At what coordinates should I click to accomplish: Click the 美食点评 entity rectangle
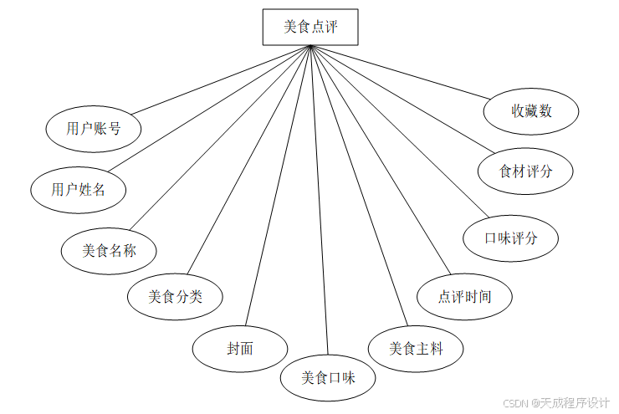coord(310,27)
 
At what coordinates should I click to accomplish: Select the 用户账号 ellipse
coord(93,128)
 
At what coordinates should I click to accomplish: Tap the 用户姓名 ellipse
coord(78,189)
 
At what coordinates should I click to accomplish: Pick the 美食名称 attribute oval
coord(109,249)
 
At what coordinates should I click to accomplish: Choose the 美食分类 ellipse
coord(175,295)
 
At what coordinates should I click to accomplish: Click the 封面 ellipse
coord(240,348)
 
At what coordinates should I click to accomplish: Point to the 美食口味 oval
coord(328,377)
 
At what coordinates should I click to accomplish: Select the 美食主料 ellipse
coord(416,348)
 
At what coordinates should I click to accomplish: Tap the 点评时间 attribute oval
coord(464,296)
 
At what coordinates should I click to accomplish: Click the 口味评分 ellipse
coord(510,238)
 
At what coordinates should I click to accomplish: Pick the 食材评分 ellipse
coord(525,171)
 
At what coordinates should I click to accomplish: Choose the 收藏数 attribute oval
coord(531,110)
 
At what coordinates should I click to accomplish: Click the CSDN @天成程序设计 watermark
coord(557,402)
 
